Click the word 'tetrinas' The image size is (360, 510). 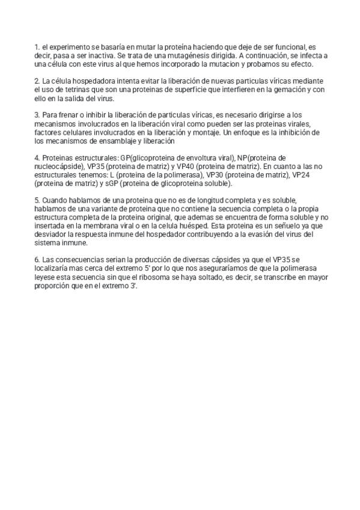70,90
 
